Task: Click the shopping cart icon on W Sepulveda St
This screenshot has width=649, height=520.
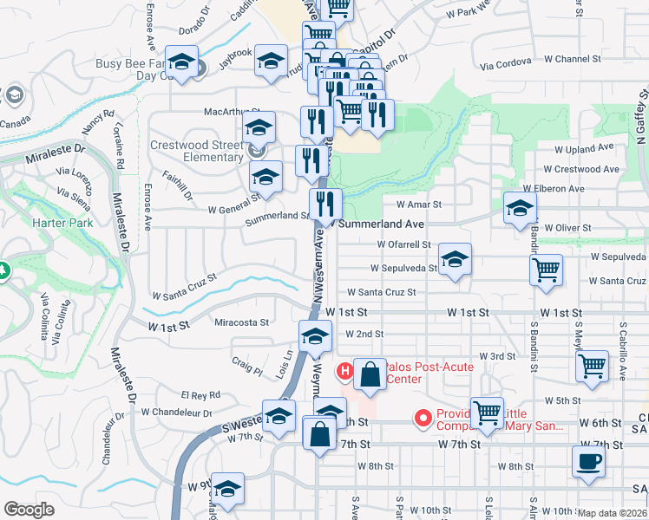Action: (x=546, y=270)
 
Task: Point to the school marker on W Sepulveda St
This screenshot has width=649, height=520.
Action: (x=454, y=258)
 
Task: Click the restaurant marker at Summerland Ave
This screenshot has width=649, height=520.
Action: (x=325, y=205)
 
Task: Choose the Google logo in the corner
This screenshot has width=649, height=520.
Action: (x=29, y=510)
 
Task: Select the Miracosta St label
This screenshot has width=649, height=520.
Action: (x=241, y=322)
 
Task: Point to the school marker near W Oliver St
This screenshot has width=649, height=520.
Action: (x=520, y=208)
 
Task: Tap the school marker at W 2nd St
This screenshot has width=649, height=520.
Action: (x=315, y=336)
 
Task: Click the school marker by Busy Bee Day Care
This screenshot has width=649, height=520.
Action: (x=182, y=62)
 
